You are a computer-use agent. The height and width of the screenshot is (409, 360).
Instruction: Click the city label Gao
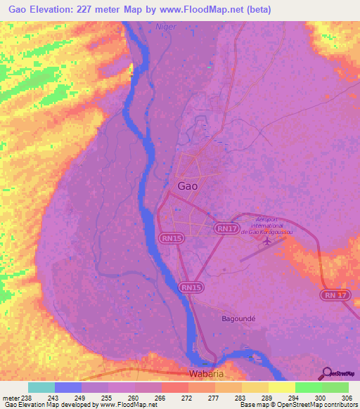188,186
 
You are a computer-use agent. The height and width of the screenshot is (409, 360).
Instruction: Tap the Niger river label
166,27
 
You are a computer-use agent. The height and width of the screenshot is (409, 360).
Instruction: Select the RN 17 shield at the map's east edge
337,295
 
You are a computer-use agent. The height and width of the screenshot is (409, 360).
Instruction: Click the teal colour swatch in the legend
41,387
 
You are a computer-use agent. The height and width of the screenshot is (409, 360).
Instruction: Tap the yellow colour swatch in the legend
282,387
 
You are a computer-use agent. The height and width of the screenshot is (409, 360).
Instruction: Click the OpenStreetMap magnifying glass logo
326,374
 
